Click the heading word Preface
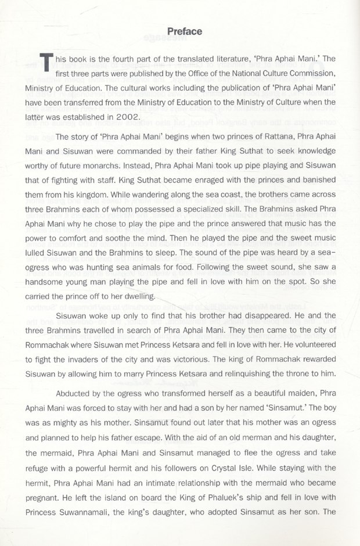click(184, 31)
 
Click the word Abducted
click(75, 393)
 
